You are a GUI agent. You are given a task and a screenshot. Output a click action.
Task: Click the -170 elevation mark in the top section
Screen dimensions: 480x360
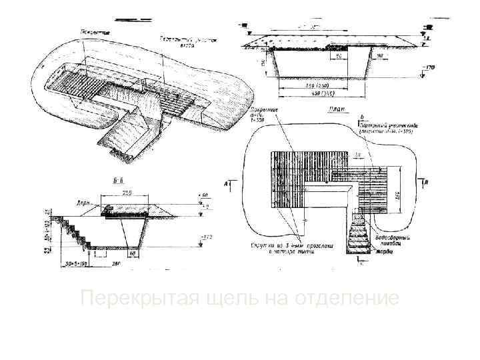430,67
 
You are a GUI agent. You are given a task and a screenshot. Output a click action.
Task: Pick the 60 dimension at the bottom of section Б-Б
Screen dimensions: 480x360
133,253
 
